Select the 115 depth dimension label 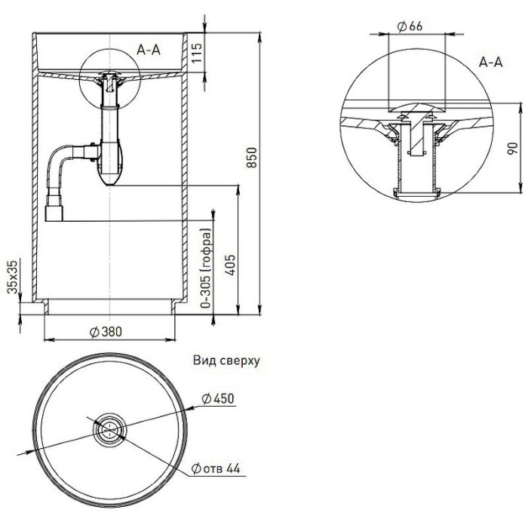coord(199,54)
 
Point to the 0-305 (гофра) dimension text coord(205,268)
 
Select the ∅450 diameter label coord(219,399)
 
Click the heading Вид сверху coord(226,361)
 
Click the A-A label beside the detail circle coord(491,63)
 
